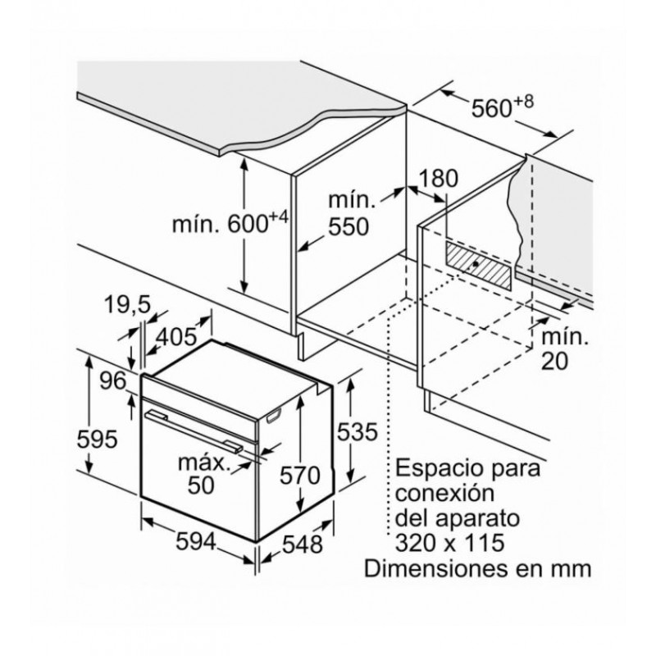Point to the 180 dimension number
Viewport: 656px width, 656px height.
[437, 179]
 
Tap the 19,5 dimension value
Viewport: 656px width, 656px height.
[129, 306]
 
